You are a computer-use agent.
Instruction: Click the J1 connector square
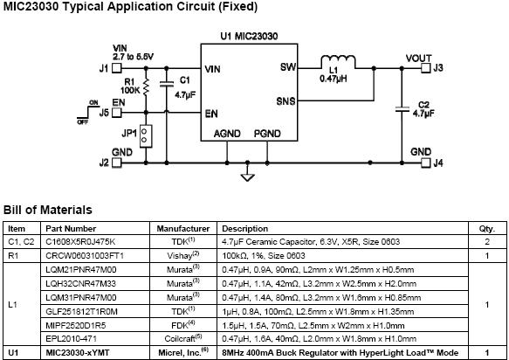click(116, 68)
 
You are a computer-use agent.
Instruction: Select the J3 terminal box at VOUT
click(425, 68)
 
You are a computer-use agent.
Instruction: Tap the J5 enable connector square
click(116, 113)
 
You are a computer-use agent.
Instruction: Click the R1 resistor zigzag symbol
click(146, 87)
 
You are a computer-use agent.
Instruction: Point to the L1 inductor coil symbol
click(338, 61)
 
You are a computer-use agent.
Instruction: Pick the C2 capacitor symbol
click(402, 109)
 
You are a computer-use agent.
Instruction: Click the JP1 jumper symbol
click(146, 135)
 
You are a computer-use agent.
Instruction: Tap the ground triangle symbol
click(247, 177)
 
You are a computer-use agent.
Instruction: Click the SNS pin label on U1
click(286, 101)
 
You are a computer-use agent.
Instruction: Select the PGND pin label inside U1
click(267, 134)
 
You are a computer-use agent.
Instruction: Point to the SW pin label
click(288, 67)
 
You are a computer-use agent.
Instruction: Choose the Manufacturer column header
click(183, 229)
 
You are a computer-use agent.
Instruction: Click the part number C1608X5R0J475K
click(80, 242)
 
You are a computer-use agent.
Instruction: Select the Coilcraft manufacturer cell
click(183, 338)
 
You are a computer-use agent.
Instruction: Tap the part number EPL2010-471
click(71, 339)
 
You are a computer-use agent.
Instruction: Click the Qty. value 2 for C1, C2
click(487, 242)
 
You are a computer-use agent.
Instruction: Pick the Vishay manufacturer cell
click(183, 255)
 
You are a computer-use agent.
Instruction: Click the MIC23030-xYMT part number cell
click(78, 353)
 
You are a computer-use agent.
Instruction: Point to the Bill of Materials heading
click(48, 210)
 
